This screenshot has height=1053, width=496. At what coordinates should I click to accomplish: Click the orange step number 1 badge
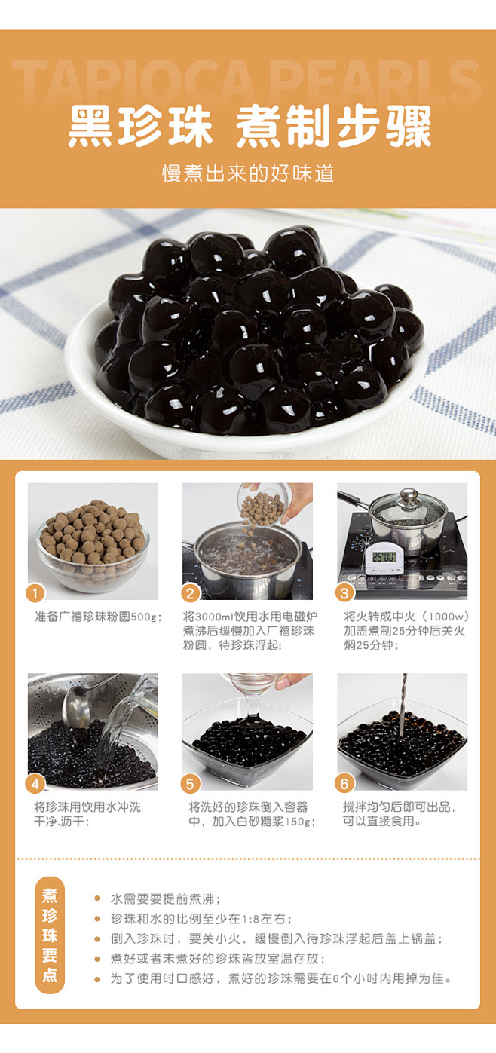[35, 593]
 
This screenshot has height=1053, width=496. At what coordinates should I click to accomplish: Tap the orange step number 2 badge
[190, 593]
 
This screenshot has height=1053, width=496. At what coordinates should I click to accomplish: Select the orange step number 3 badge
[344, 593]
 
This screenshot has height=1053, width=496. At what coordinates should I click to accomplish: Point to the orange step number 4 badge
[35, 784]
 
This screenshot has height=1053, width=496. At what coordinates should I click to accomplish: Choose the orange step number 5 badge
[190, 784]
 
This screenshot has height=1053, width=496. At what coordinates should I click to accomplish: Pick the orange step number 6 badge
[344, 784]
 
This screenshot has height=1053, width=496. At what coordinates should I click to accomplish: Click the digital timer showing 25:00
[384, 559]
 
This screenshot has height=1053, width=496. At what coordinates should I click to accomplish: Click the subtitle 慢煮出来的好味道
[248, 173]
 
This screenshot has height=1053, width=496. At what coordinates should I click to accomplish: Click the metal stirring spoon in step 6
[403, 705]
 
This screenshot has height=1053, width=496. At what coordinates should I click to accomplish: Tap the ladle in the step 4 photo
[84, 700]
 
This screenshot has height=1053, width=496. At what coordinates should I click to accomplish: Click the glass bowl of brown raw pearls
[93, 550]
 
